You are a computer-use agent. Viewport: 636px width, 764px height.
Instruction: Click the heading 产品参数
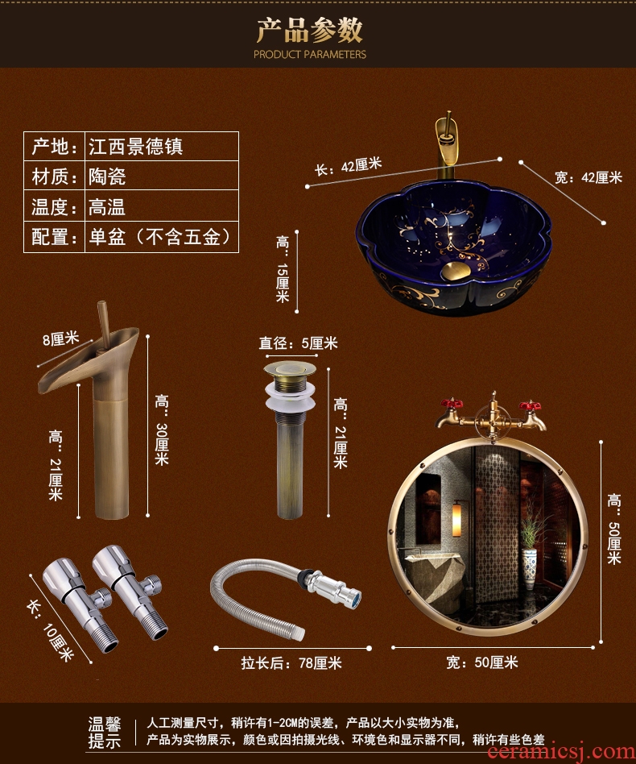pyautogui.click(x=309, y=30)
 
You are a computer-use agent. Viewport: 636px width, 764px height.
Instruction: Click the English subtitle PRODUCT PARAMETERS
pyautogui.click(x=309, y=54)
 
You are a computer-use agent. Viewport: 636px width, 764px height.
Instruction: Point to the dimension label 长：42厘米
pyautogui.click(x=348, y=166)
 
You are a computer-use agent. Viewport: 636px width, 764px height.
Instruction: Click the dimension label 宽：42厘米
pyautogui.click(x=589, y=177)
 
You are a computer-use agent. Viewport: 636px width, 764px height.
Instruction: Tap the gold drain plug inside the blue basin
pyautogui.click(x=456, y=270)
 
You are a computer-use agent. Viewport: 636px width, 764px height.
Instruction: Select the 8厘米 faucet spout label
pyautogui.click(x=60, y=338)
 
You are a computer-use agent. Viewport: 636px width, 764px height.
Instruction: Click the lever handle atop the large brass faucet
pyautogui.click(x=104, y=323)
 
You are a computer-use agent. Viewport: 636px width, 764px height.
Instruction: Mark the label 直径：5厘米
pyautogui.click(x=298, y=343)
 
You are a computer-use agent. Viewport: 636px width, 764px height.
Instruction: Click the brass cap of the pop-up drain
pyautogui.click(x=290, y=368)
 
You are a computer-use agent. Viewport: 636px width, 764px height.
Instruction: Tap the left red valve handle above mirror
pyautogui.click(x=451, y=404)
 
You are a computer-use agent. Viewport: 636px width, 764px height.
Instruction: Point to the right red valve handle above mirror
pyautogui.click(x=530, y=405)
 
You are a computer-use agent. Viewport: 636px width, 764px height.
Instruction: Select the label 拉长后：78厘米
pyautogui.click(x=291, y=662)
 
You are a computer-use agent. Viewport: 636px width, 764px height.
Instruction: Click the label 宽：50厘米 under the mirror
pyautogui.click(x=482, y=662)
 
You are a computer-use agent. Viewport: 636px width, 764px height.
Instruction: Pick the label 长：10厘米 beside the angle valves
pyautogui.click(x=51, y=629)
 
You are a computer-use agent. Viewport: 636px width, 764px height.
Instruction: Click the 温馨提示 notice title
pyautogui.click(x=105, y=733)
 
